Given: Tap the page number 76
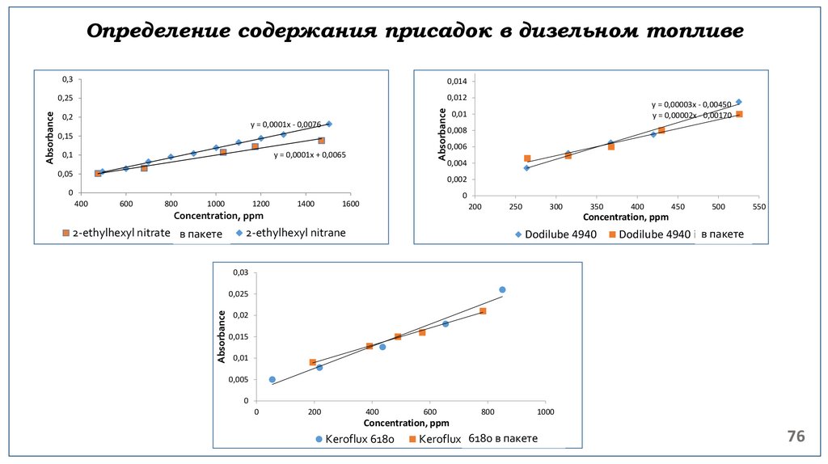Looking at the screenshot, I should click(x=796, y=437).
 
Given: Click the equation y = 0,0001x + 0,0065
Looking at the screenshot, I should click(x=310, y=154).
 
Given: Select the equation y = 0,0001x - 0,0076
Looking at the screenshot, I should click(x=285, y=124).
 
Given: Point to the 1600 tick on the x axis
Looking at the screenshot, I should click(x=351, y=204).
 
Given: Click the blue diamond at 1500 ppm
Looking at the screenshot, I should click(x=329, y=124).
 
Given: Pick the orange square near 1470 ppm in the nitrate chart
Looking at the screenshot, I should click(x=321, y=140).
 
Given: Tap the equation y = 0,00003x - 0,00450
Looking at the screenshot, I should click(x=691, y=104).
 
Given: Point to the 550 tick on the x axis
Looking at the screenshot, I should click(x=759, y=207).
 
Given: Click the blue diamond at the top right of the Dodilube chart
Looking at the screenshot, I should click(x=738, y=102).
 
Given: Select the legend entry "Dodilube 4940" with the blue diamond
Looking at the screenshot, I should click(x=556, y=234).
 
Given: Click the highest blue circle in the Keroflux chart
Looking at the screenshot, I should click(x=502, y=289).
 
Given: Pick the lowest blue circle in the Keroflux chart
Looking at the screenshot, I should click(x=272, y=379).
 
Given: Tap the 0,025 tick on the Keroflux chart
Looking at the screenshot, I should click(x=239, y=294).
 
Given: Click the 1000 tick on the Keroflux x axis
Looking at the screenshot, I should click(x=546, y=412).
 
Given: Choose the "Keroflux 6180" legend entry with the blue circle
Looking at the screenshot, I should click(x=354, y=439).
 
